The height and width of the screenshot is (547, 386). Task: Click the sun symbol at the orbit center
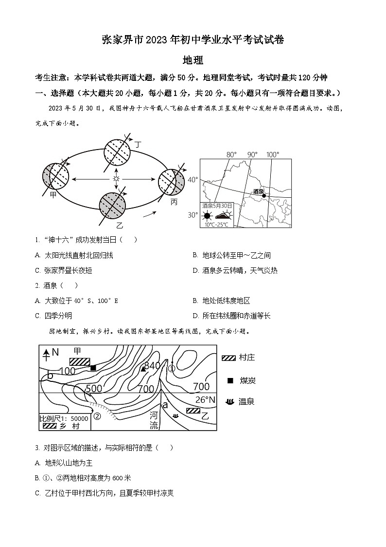coord(116,179)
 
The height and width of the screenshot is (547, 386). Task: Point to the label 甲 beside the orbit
coord(53,194)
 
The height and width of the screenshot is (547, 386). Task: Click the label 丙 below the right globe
coord(174,202)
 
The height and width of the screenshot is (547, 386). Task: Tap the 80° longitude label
coord(231,155)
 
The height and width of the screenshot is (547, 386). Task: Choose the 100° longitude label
coord(273,155)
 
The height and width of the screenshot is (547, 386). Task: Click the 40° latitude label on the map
coord(193,180)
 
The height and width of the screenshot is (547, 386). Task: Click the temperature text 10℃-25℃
coord(217,225)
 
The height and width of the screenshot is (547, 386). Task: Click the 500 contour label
coord(94,389)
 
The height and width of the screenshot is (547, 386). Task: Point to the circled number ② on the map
coord(97,416)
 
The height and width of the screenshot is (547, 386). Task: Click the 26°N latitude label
coord(205,400)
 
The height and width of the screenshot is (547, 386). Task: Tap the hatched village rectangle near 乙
coord(193,411)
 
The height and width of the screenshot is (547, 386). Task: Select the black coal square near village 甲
coord(93,368)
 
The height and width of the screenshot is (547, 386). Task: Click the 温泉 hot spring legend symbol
coord(229,402)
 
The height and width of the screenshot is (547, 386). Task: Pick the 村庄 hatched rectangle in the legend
coord(228,358)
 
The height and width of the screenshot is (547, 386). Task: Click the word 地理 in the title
coord(193,60)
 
